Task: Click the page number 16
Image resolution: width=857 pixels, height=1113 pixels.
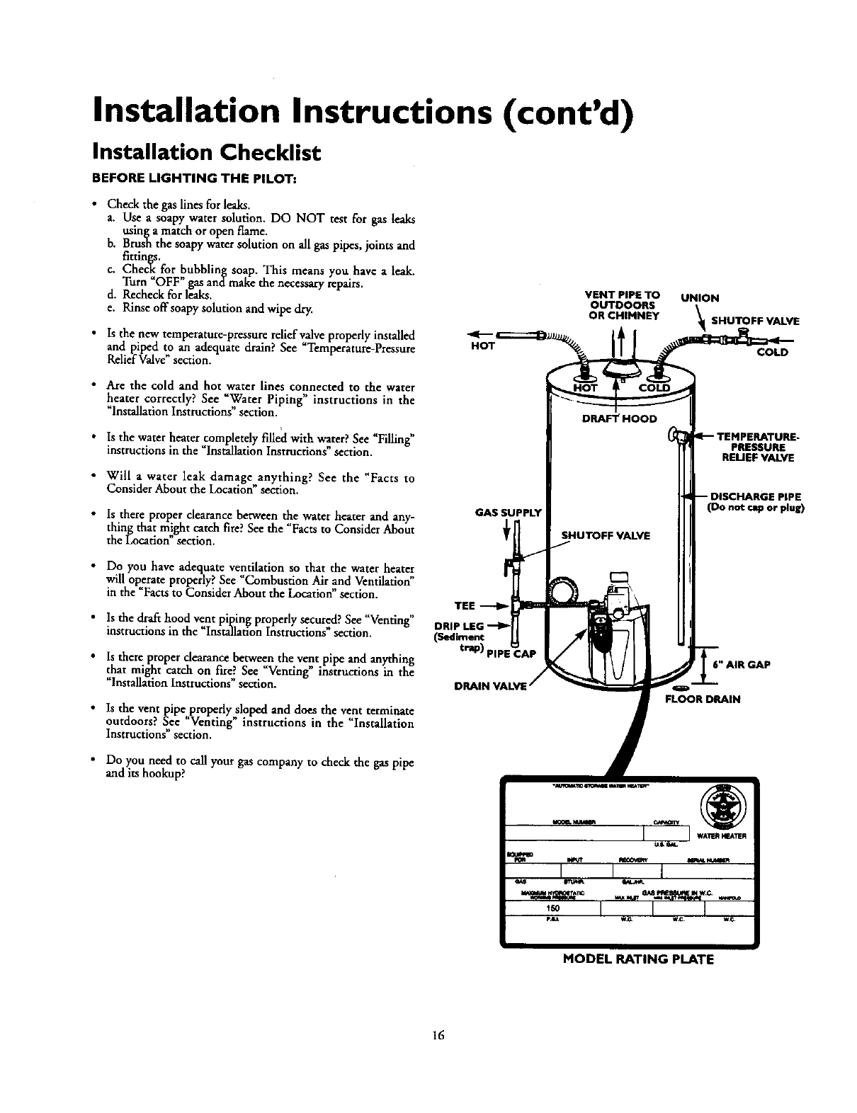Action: pyautogui.click(x=436, y=1035)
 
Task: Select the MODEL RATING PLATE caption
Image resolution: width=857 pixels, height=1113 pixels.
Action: pyautogui.click(x=638, y=960)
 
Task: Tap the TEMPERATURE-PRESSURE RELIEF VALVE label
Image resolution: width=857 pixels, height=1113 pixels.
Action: pyautogui.click(x=756, y=447)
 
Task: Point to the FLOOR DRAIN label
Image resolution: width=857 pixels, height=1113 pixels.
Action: pyautogui.click(x=702, y=700)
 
